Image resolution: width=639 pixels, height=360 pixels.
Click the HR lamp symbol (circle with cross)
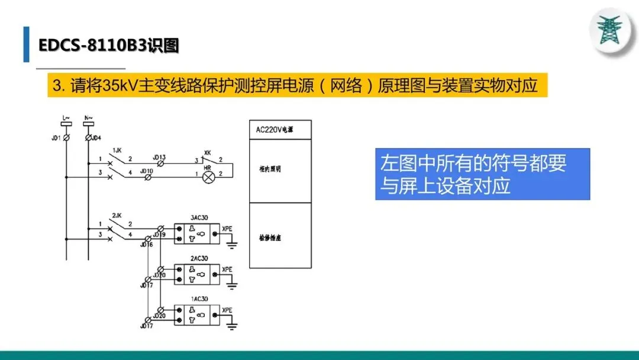[x=208, y=176]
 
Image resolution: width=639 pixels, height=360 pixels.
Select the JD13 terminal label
[x=159, y=157]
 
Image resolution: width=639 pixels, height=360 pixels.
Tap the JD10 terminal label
[x=146, y=171]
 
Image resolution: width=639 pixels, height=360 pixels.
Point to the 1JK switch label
[x=117, y=150]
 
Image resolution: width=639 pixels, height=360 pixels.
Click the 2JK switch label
[x=117, y=215]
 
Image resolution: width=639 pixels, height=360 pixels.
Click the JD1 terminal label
[x=56, y=138]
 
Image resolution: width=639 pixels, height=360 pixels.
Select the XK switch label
[x=207, y=152]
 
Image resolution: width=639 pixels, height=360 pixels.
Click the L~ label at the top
[x=66, y=118]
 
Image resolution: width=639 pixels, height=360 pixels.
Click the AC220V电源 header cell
[x=279, y=130]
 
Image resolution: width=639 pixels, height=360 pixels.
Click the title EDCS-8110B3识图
[x=108, y=46]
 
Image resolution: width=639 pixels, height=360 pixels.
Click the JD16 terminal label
[x=146, y=244]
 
